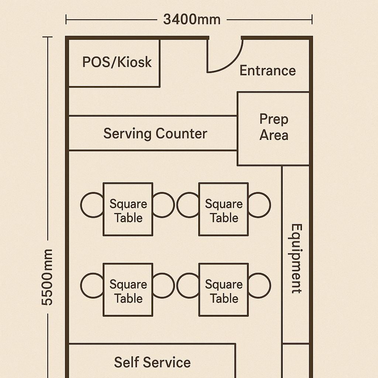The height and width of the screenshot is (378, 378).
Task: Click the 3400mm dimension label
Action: [x=192, y=19]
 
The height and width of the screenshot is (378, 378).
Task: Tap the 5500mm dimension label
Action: [x=47, y=277]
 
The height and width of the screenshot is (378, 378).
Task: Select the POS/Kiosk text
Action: [x=117, y=62]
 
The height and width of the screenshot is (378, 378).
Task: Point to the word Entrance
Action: [x=268, y=70]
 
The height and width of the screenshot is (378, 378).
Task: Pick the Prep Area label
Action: [x=274, y=127]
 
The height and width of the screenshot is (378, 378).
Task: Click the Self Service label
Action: [x=152, y=362]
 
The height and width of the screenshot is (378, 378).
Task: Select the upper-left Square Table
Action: [x=128, y=209]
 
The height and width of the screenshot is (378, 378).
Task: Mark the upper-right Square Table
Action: [x=223, y=209]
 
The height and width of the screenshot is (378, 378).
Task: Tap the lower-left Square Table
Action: [x=128, y=290]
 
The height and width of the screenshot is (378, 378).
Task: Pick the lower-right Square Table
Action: [x=223, y=290]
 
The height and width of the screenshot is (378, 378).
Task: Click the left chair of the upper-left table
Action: [x=92, y=205]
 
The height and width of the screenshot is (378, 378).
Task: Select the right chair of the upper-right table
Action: [x=260, y=205]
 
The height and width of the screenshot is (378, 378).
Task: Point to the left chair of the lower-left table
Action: [x=92, y=285]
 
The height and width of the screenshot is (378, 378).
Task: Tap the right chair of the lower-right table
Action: [x=260, y=285]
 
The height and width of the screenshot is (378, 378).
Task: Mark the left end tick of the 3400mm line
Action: [x=66, y=19]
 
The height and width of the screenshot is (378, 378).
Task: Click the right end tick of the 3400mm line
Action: [x=312, y=19]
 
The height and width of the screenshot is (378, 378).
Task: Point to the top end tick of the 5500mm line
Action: [x=47, y=37]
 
